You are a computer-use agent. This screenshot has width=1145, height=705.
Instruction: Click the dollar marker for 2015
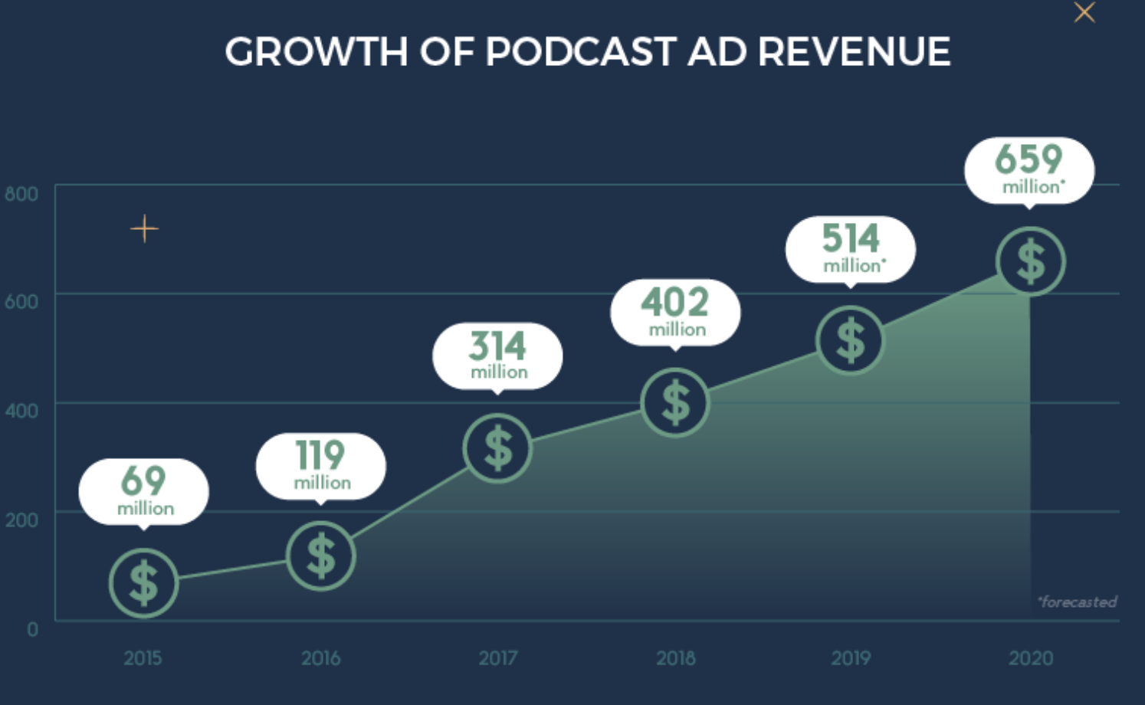tap(143, 583)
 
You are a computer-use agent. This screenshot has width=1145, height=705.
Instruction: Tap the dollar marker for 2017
tap(497, 448)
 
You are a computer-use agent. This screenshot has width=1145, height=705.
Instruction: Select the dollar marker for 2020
tap(1030, 262)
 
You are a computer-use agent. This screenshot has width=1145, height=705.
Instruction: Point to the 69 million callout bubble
tap(144, 490)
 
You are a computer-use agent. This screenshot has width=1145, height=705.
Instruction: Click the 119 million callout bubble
tap(321, 465)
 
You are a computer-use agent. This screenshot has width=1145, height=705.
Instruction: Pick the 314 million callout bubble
tap(497, 355)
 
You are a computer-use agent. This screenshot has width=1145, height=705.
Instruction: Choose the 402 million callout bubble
tap(675, 311)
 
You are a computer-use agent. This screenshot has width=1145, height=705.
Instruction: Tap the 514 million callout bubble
tap(851, 248)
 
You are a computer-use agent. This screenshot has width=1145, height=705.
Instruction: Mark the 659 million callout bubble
tap(1029, 169)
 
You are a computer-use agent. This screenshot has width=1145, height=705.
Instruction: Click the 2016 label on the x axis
tap(320, 658)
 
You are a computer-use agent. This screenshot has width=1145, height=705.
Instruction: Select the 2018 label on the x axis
tap(675, 658)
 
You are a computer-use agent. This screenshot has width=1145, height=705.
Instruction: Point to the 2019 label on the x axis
tap(851, 658)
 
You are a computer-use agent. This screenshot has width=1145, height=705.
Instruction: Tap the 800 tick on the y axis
tap(21, 194)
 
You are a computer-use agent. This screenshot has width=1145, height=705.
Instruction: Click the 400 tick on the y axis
tap(21, 411)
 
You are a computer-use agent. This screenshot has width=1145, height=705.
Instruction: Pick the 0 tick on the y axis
tap(32, 629)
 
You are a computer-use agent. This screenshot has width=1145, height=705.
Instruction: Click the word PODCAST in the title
tap(581, 52)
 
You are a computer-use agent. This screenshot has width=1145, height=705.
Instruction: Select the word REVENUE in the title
tap(854, 52)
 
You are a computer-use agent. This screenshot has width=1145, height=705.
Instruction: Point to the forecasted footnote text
tap(1077, 602)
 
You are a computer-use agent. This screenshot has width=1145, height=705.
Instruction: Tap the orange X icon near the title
tap(1084, 12)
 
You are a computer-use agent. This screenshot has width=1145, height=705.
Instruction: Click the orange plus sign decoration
tap(144, 228)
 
